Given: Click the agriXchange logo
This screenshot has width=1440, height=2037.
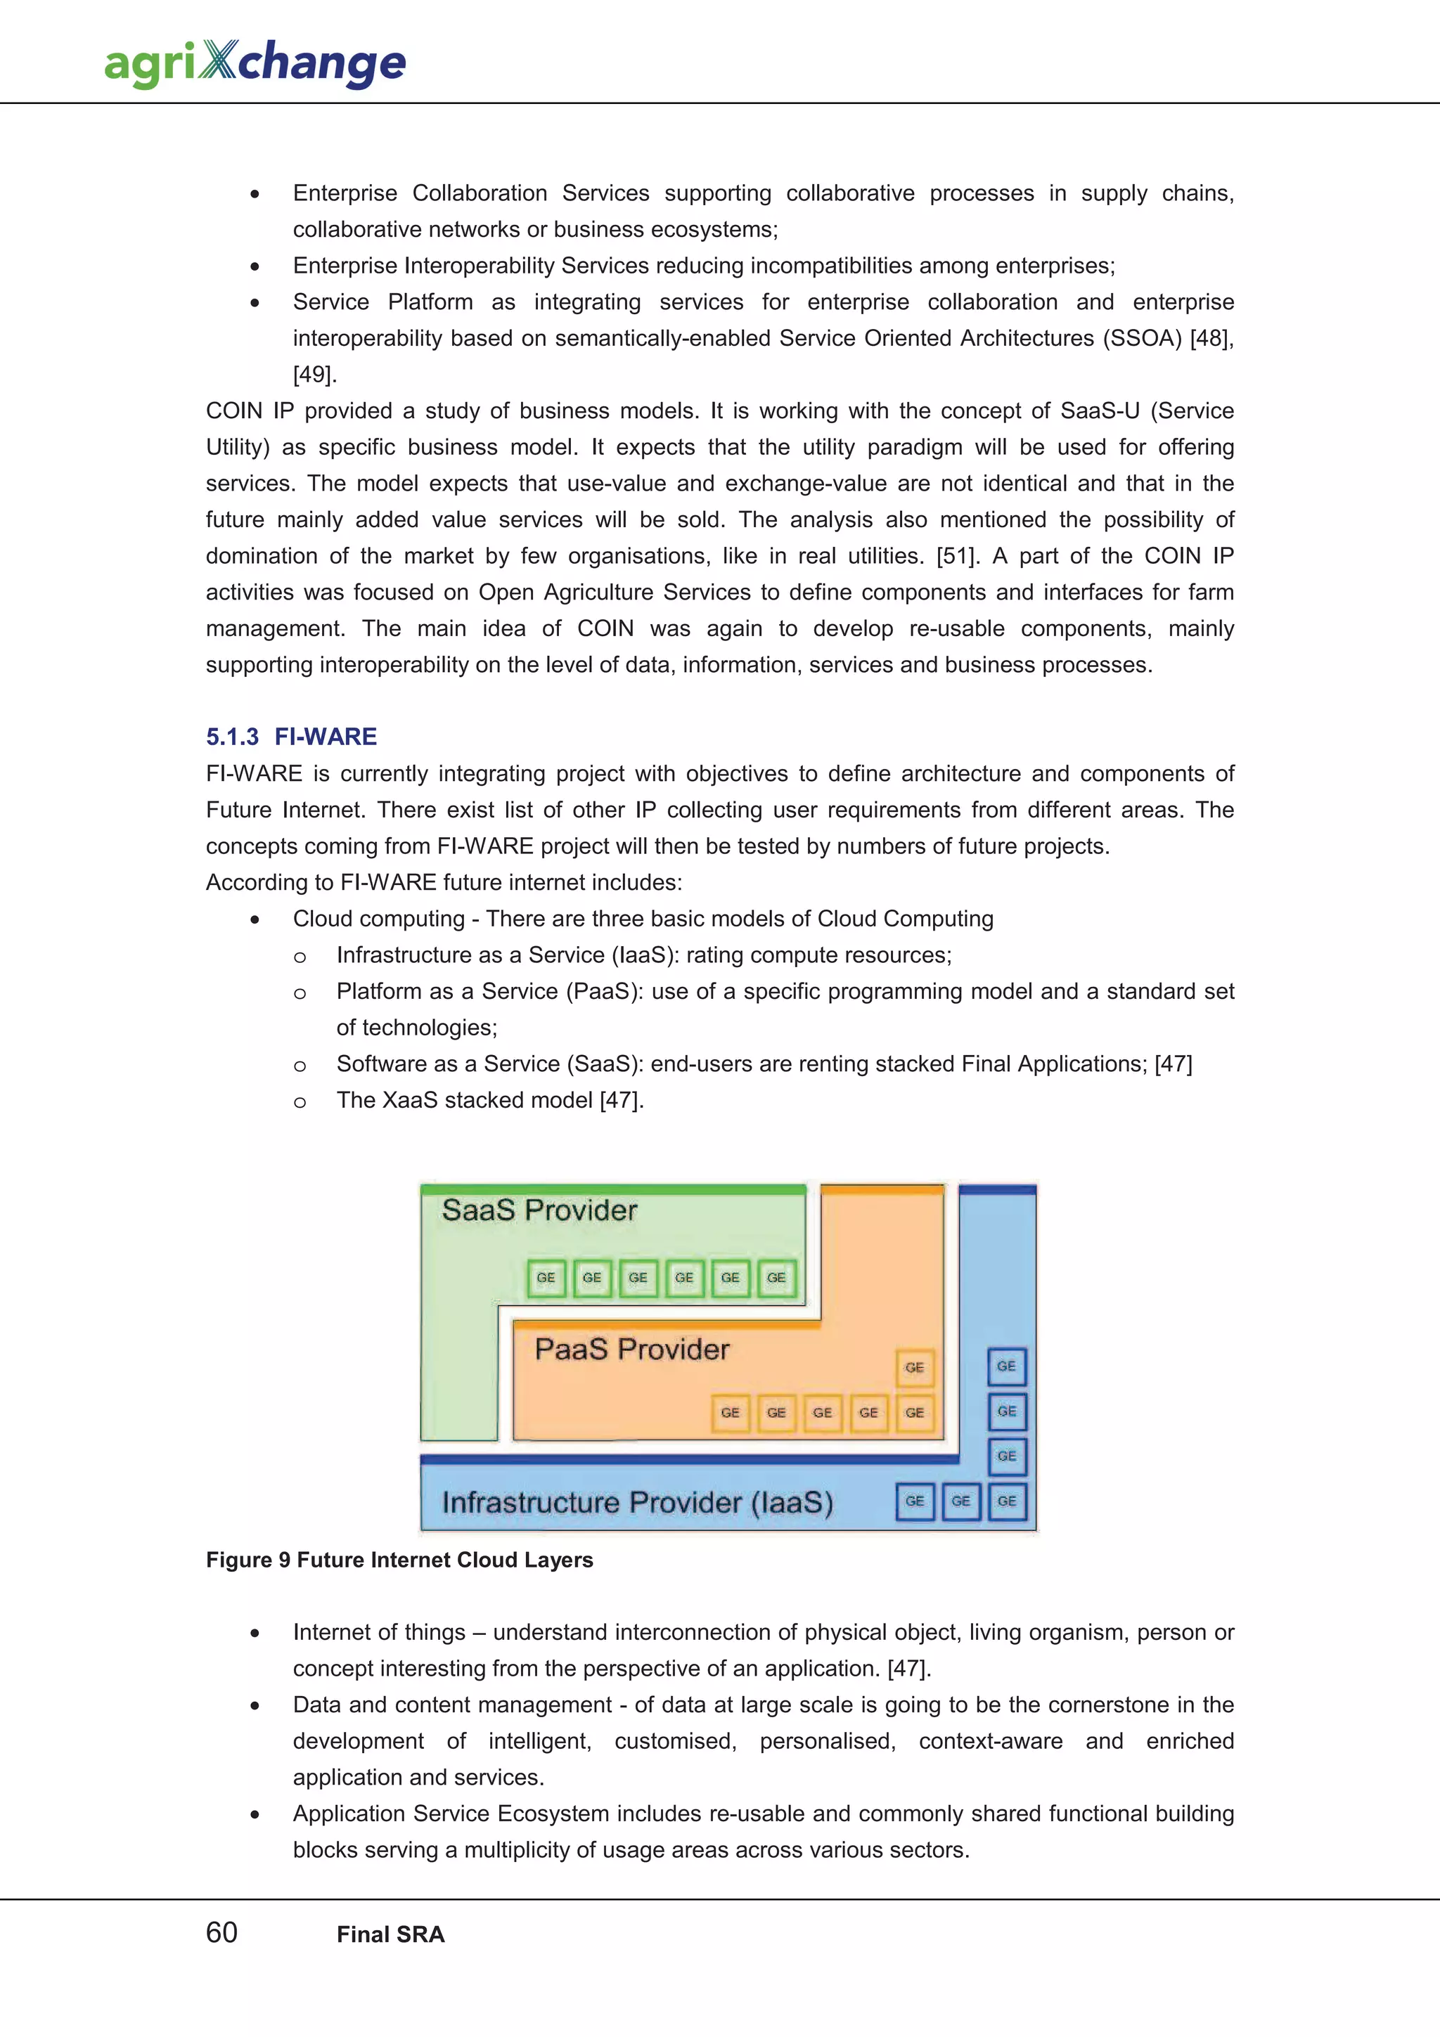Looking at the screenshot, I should click(x=255, y=63).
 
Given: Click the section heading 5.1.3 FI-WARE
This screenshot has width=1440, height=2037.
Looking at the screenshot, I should click(x=291, y=737).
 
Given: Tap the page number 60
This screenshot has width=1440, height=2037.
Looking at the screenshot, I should click(x=221, y=1932).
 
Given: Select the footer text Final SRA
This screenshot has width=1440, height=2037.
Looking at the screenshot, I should click(x=390, y=1934).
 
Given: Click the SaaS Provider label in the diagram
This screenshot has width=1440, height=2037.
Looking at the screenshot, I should click(x=539, y=1210).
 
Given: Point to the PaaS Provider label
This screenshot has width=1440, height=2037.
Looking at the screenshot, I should click(x=631, y=1350).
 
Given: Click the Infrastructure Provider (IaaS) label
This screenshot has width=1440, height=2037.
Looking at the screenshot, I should click(x=637, y=1502).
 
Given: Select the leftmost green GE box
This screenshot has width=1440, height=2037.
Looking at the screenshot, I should click(x=546, y=1278).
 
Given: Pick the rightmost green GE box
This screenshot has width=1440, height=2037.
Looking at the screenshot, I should click(x=776, y=1278).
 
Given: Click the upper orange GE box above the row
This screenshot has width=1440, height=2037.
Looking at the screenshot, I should click(x=915, y=1367).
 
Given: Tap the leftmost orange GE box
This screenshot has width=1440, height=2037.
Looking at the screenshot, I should click(x=731, y=1412).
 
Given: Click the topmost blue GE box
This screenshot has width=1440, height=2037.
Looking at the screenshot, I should click(x=1006, y=1366).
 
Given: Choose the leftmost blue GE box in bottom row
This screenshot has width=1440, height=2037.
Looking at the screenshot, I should click(x=915, y=1501).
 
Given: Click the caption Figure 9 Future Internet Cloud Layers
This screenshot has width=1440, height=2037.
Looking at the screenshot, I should click(x=399, y=1560).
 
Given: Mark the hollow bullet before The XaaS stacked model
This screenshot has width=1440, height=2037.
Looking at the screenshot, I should click(x=300, y=1102).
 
